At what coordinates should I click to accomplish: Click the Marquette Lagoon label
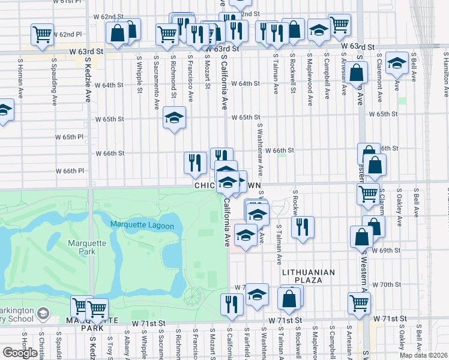pyautogui.click(x=142, y=226)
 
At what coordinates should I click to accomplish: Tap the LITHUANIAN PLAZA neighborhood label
pyautogui.click(x=309, y=276)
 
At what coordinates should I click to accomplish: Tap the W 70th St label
pyautogui.click(x=386, y=284)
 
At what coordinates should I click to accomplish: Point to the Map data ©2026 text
pyautogui.click(x=424, y=355)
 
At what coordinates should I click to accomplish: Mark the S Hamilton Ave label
pyautogui.click(x=446, y=74)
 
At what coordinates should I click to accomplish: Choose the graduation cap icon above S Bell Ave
pyautogui.click(x=397, y=62)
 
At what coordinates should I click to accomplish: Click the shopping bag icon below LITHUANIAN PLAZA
pyautogui.click(x=289, y=298)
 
